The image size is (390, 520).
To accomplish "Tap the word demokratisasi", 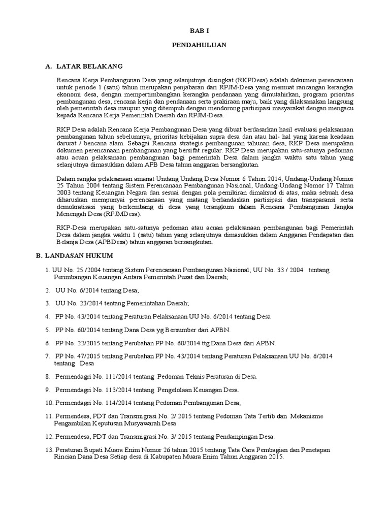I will (77, 207).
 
